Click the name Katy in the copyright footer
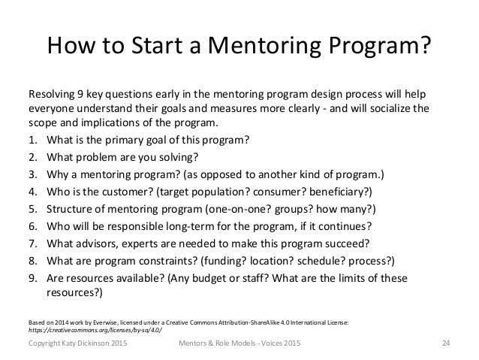(74, 344)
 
